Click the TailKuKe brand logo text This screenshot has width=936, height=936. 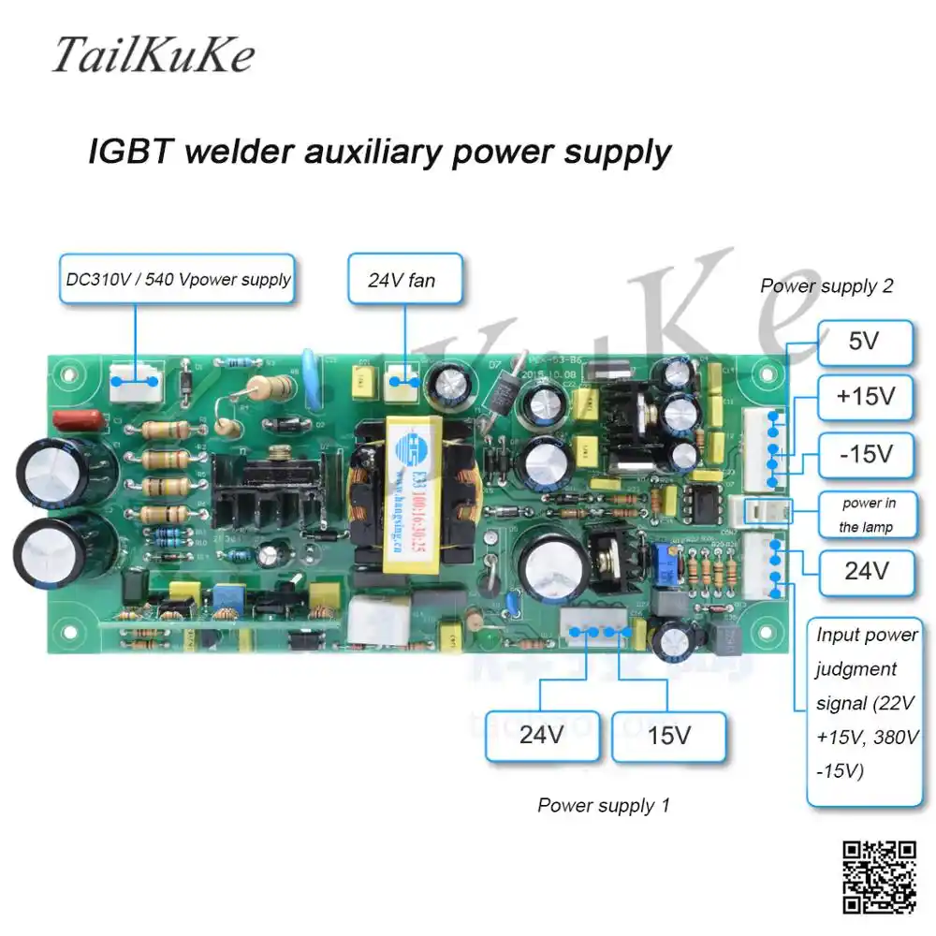point(152,55)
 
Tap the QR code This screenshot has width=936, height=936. point(879,876)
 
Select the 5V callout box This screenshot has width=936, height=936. point(864,342)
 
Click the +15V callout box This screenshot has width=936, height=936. point(864,397)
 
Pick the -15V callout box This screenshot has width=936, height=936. point(864,456)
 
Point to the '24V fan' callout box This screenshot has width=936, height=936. point(405,279)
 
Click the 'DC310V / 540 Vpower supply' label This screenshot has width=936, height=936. point(179,279)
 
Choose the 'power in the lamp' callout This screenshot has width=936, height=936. point(866,515)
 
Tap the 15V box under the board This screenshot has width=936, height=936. point(668,736)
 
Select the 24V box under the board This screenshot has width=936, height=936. point(541,736)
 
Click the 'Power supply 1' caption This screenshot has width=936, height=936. point(604,805)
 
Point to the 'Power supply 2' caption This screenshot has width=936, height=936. point(826,286)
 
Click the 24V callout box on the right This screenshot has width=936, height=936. point(864,571)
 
